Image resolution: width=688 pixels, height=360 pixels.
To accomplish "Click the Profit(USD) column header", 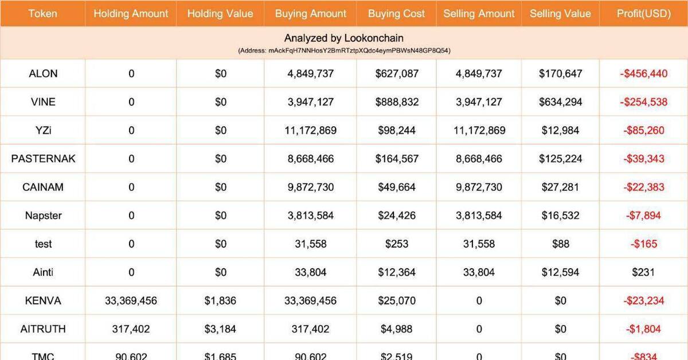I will (643, 13).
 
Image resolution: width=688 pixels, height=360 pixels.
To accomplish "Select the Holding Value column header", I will (220, 13).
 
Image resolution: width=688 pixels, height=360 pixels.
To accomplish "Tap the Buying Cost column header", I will (396, 13).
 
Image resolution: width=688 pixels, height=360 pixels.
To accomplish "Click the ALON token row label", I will (43, 73).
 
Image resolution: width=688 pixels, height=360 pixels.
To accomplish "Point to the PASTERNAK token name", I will (43, 159).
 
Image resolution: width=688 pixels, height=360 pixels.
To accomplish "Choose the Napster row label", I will (43, 216).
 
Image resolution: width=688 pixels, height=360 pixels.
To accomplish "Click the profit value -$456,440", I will (643, 73).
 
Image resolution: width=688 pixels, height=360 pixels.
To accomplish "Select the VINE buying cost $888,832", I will (397, 102).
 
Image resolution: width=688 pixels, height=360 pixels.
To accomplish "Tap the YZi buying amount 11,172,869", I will (310, 131).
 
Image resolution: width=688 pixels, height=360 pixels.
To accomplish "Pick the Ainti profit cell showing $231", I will (643, 273).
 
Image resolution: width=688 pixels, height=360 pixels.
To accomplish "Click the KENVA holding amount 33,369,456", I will (131, 301).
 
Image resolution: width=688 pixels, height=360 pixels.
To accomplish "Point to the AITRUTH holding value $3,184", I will (220, 329).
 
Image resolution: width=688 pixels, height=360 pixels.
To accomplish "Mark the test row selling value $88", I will (560, 244).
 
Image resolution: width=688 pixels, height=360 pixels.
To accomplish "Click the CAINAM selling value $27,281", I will (560, 187).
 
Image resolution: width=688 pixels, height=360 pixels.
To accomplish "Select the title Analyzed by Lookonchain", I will (344, 38).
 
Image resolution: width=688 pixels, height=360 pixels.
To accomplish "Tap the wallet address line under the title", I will (344, 50).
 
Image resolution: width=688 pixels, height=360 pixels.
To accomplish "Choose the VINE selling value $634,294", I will (560, 102).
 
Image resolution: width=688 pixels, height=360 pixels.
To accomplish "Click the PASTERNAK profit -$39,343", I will (643, 159).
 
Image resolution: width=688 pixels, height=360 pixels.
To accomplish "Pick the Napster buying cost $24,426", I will (397, 216).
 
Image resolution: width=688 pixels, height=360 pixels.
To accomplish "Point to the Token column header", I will (43, 13).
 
